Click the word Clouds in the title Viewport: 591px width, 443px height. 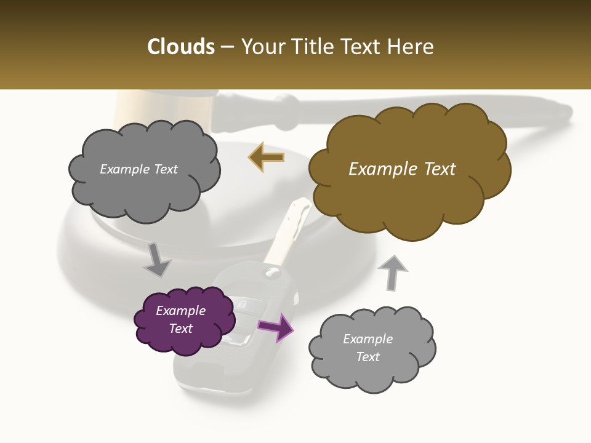pos(181,47)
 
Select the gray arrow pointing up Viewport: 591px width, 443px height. pos(392,271)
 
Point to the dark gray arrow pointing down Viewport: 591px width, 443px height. pos(157,259)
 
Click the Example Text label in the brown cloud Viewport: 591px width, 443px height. pos(402,169)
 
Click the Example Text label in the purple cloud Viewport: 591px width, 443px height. pos(180,319)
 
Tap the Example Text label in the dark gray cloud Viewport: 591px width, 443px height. pos(139,169)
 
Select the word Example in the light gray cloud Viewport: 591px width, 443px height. pos(368,339)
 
